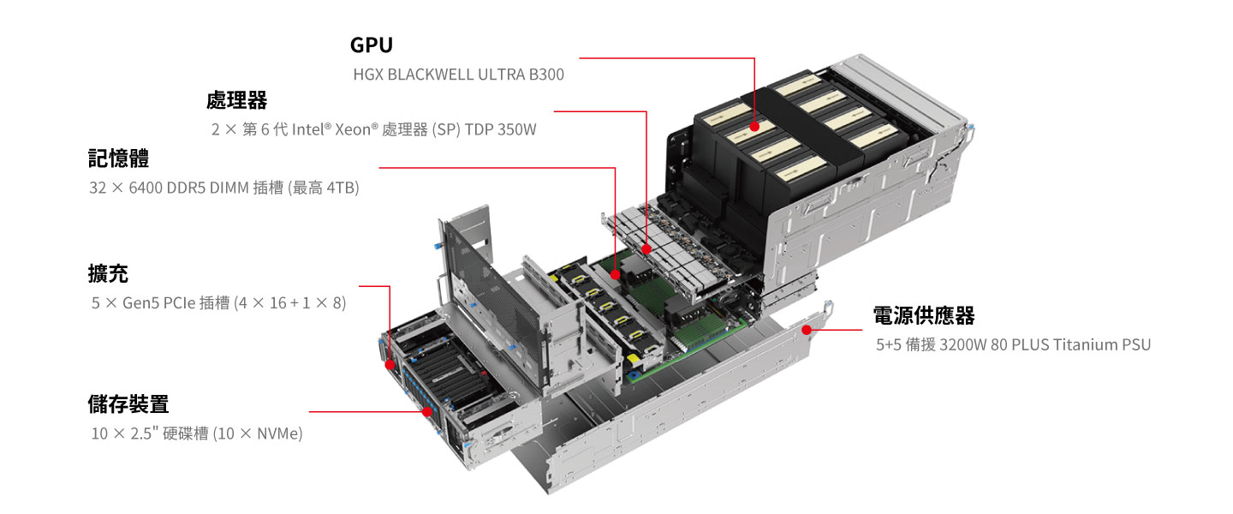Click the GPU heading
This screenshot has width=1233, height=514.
point(372,45)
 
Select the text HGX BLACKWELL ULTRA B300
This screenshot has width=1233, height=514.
point(459,75)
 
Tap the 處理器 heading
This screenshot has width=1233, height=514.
point(236,100)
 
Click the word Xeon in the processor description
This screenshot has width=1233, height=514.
point(353,129)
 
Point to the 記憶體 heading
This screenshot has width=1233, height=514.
point(118,158)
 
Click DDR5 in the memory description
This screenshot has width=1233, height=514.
point(186,188)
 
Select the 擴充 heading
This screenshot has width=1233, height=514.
point(108,274)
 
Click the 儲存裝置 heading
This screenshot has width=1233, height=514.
point(128,404)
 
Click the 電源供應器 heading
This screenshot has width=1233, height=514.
point(924,315)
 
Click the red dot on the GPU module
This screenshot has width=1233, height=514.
point(754,126)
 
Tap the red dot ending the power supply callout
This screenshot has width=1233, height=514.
point(807,330)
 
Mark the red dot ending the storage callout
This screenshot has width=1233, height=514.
point(427,411)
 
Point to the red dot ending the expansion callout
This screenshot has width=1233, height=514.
point(390,365)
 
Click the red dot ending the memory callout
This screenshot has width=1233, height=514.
point(616,274)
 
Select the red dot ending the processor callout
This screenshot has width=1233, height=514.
point(646,249)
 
